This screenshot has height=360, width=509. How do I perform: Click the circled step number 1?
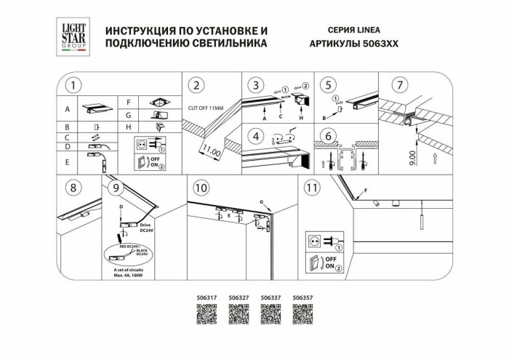pyautogui.click(x=71, y=85)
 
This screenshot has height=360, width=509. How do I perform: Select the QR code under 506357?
pyautogui.click(x=302, y=316)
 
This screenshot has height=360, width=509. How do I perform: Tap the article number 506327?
pyautogui.click(x=239, y=297)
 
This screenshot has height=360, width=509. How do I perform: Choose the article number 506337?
pyautogui.click(x=270, y=297)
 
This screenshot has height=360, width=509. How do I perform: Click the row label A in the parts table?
pyautogui.click(x=67, y=110)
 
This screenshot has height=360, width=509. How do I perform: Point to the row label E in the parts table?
pyautogui.click(x=67, y=146)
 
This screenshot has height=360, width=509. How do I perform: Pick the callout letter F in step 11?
pyautogui.click(x=366, y=191)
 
